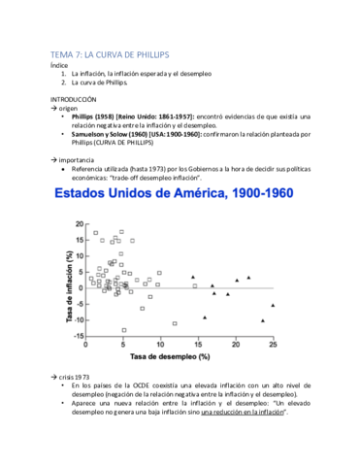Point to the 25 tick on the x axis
[x=273, y=343]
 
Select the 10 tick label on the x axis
[x=160, y=343]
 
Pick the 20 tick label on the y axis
[x=82, y=224]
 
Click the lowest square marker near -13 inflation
[x=123, y=329]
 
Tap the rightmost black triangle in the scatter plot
[x=273, y=306]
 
